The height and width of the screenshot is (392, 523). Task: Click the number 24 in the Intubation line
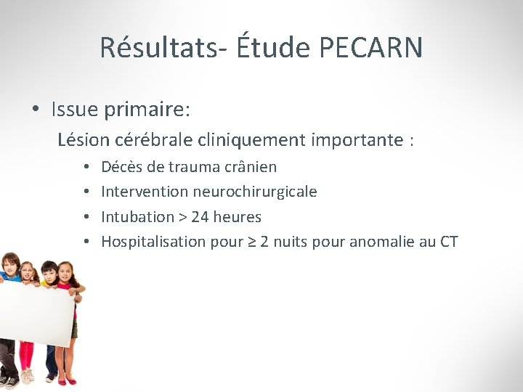coord(200,216)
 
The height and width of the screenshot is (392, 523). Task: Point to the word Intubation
coord(137,216)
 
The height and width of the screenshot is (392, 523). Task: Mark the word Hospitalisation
coord(153,241)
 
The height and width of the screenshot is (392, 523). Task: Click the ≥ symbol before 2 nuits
coord(252,241)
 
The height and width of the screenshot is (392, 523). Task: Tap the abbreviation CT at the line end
coord(449,241)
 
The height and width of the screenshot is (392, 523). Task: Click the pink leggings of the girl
coord(26,356)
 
